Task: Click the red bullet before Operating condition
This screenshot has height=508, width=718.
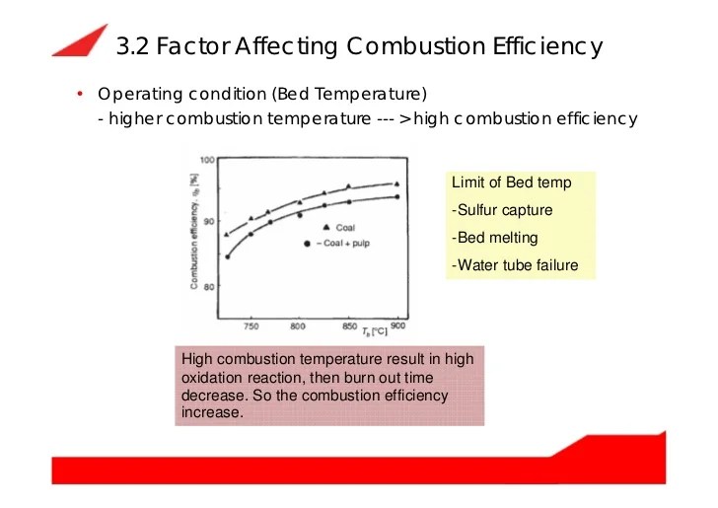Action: (78, 95)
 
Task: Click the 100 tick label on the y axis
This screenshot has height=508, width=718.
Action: (208, 159)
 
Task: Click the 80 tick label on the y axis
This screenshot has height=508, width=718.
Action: (210, 286)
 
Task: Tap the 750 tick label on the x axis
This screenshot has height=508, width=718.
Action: (251, 327)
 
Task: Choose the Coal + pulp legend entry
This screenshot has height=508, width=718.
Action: (345, 242)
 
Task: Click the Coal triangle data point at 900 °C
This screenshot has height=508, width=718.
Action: (396, 183)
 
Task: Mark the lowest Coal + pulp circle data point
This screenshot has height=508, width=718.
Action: (228, 256)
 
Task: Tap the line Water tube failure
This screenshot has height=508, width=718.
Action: (515, 265)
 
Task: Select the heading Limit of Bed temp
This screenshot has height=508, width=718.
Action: (511, 183)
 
